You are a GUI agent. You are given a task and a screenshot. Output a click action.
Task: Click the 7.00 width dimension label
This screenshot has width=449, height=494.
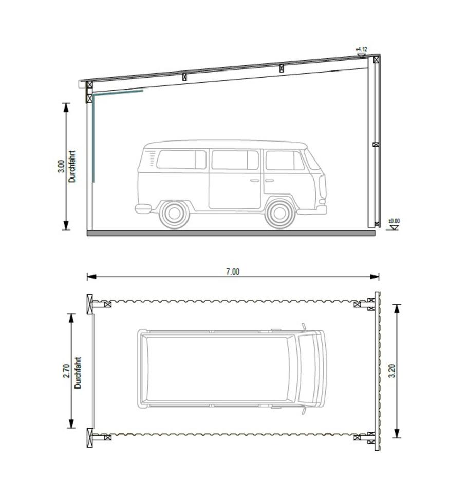233,272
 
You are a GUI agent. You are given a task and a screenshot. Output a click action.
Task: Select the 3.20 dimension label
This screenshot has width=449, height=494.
391,371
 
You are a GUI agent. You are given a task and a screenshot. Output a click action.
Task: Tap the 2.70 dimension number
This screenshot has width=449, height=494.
66,371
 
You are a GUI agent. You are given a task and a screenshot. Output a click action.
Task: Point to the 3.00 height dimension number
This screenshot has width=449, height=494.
61,166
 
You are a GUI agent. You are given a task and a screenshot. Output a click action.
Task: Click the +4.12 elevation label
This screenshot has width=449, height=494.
361,49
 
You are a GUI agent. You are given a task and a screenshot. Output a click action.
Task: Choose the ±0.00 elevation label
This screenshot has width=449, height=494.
394,221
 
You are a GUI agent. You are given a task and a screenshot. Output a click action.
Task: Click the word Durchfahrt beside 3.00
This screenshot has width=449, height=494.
72,166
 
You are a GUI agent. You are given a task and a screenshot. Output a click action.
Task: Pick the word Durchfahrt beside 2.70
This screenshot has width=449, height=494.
78,373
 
